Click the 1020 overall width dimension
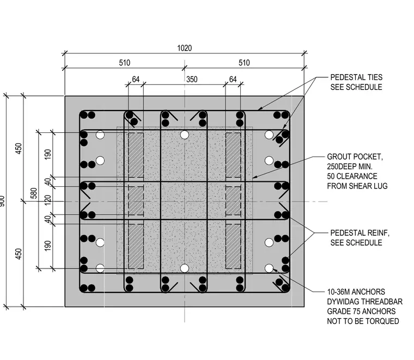coord(184,48)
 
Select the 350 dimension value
coord(192,79)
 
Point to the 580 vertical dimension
coord(34,193)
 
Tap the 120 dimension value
coord(47,200)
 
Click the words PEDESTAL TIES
coord(356,77)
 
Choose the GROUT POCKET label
coord(355,157)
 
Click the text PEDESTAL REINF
coord(360,233)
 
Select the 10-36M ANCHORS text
coord(356,292)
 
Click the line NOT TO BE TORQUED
coord(363,321)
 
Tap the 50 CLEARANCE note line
coord(352,176)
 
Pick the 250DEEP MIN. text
coord(350,167)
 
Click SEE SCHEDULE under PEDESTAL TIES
coord(356,87)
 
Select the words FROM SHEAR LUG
coord(357,186)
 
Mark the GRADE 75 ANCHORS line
coord(361,312)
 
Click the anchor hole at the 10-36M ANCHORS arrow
coord(269,269)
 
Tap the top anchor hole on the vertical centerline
coord(185,135)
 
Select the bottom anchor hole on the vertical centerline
coord(185,269)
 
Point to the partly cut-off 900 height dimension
coord(2,201)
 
